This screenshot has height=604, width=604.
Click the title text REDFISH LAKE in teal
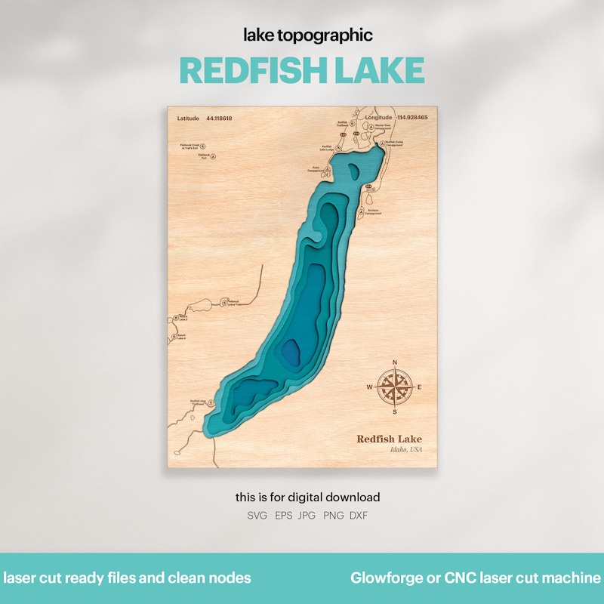click(302, 70)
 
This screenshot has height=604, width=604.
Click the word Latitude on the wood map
click(189, 119)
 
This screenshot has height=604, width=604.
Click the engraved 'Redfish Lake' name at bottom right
click(390, 439)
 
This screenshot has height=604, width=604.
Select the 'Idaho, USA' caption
click(406, 450)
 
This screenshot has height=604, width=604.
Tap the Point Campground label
click(315, 170)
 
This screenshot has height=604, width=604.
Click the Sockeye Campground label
click(371, 212)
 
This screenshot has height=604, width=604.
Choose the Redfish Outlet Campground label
click(394, 143)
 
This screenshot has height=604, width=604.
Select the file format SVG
click(257, 516)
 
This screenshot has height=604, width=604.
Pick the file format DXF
click(357, 516)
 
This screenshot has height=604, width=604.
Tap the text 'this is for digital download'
click(307, 498)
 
